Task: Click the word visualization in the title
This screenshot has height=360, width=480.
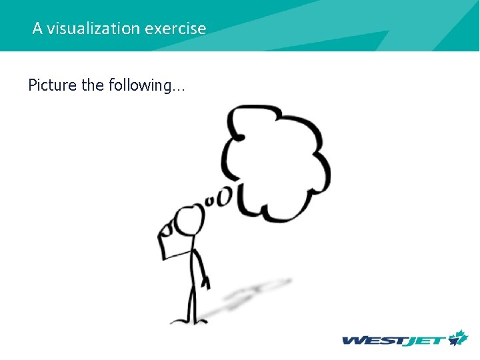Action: pyautogui.click(x=93, y=29)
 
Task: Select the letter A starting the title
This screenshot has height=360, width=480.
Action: pyautogui.click(x=37, y=29)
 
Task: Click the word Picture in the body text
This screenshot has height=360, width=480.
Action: pyautogui.click(x=52, y=85)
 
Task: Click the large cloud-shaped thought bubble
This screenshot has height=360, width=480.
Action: pyautogui.click(x=277, y=160)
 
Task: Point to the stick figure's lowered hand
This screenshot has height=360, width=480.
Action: pyautogui.click(x=207, y=283)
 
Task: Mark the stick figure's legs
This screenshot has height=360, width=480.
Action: pyautogui.click(x=192, y=303)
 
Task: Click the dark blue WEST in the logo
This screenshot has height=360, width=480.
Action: pyautogui.click(x=372, y=341)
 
